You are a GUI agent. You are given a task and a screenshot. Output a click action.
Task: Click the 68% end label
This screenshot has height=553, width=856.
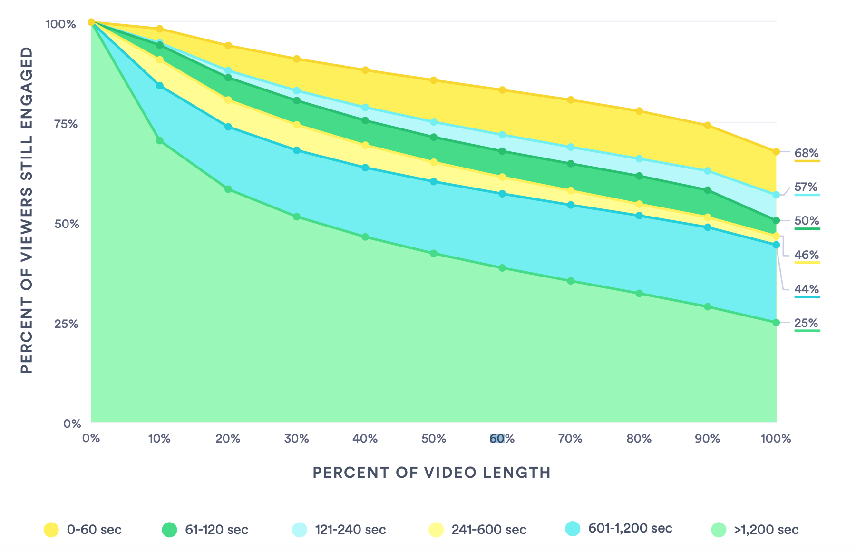pos(807,153)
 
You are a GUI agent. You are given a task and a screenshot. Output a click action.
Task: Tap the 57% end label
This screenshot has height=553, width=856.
pos(807,187)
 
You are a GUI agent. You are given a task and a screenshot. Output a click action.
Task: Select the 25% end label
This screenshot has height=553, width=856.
pos(807,323)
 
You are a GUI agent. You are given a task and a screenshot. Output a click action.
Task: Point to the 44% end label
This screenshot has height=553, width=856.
pos(807,289)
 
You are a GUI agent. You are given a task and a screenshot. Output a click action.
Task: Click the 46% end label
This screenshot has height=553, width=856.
pos(807,255)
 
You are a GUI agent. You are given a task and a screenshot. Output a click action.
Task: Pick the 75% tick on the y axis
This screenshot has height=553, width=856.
pos(65,124)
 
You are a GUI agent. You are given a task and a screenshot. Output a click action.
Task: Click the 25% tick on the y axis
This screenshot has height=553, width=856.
pos(65,324)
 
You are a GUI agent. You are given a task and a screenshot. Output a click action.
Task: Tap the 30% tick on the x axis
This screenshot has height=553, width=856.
pos(297,439)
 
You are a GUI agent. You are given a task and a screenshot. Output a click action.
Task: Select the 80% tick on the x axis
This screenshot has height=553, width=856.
pos(639,439)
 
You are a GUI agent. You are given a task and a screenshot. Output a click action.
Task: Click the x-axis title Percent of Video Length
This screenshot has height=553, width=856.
pos(432,473)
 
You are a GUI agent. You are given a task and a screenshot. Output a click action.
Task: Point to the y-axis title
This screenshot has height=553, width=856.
pos(27,210)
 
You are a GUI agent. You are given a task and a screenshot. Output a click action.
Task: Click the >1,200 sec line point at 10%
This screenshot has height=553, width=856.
pos(160,141)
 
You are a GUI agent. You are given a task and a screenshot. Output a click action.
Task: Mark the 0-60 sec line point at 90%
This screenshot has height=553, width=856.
pos(708,126)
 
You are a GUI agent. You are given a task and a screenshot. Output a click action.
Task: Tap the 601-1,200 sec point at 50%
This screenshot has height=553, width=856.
pos(434,182)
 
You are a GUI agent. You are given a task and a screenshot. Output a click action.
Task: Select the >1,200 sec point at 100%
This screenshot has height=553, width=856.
pos(776,323)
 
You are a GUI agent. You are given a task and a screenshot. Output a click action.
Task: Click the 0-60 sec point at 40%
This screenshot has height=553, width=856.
pos(365,70)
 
